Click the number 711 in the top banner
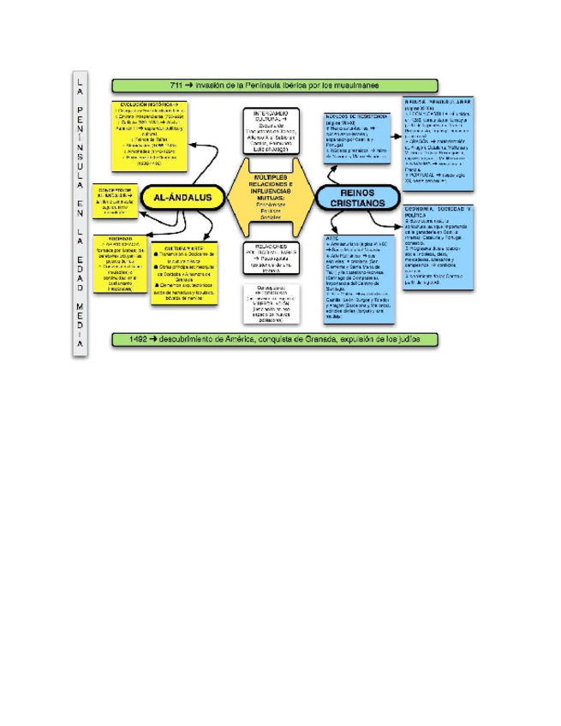click(x=178, y=86)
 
